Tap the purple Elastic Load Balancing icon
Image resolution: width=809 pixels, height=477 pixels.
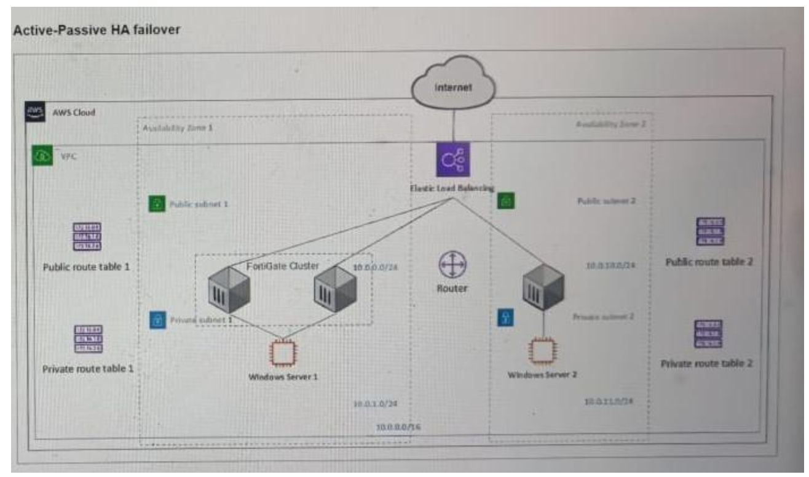(452, 160)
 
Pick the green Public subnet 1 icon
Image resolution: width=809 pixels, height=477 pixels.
(158, 204)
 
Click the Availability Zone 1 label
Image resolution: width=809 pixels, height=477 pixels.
(178, 128)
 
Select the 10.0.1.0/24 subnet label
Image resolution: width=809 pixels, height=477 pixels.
(375, 404)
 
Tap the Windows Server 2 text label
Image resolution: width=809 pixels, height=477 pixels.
(542, 375)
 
